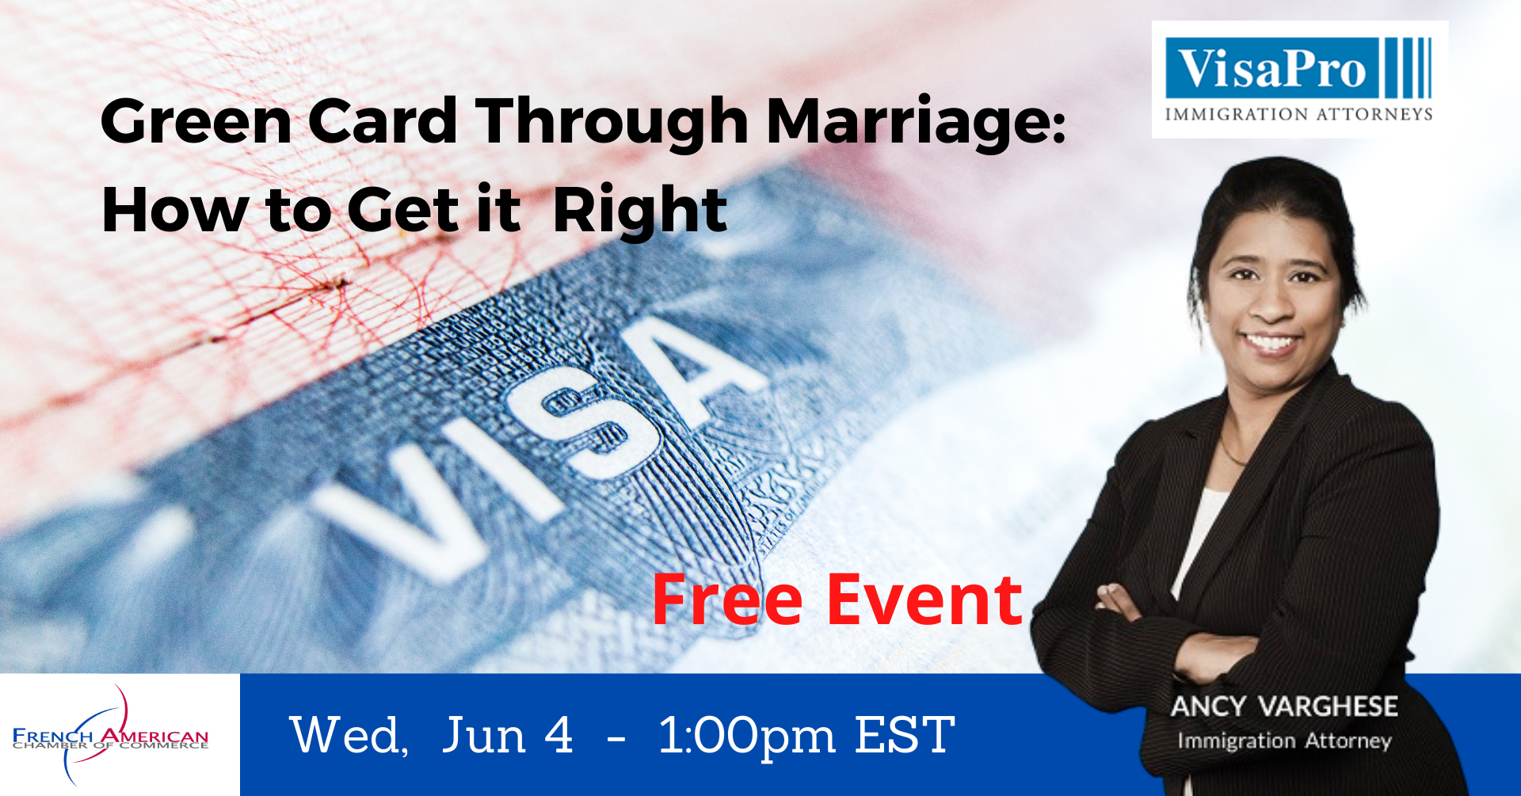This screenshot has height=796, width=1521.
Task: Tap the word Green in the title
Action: pos(196,120)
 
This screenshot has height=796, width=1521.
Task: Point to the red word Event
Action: pos(924,600)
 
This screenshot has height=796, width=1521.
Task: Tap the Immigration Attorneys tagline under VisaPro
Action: pos(1298,114)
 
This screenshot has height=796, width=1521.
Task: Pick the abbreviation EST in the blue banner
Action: pos(905,735)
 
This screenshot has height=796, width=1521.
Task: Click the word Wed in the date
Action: pos(349,735)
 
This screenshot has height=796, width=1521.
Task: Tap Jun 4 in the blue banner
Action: pos(508,735)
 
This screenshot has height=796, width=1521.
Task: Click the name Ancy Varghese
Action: pos(1284,706)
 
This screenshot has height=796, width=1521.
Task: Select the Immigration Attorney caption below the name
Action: pos(1284,741)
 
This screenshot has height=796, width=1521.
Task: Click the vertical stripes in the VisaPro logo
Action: pos(1409,68)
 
